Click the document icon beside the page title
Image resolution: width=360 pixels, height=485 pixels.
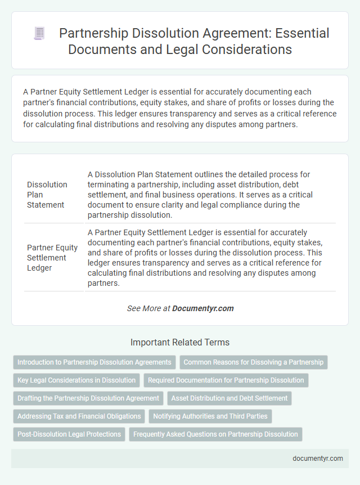point(39,33)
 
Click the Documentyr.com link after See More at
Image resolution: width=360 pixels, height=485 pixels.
point(202,308)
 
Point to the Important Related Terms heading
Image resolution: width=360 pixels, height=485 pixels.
point(180,342)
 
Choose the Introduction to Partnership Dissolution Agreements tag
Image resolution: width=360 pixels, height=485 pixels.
point(94,362)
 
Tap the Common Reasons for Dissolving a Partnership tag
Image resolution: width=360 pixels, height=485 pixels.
point(253,362)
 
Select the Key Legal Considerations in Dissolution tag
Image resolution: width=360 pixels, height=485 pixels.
point(76,380)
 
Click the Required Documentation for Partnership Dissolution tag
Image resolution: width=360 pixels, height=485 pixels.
point(226,380)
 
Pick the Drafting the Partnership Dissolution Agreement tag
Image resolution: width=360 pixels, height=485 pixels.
point(88,398)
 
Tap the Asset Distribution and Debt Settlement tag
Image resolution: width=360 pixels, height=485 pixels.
point(229,398)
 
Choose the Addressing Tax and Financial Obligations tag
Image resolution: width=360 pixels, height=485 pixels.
point(79,416)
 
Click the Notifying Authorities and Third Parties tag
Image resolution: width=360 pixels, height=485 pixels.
point(209,416)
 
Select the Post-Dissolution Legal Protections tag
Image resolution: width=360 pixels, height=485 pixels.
point(69,434)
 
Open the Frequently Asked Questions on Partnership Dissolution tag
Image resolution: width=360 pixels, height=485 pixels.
point(215,434)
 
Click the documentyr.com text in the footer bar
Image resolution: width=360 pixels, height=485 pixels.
point(318,458)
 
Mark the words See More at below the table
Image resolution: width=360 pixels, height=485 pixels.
point(148,308)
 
